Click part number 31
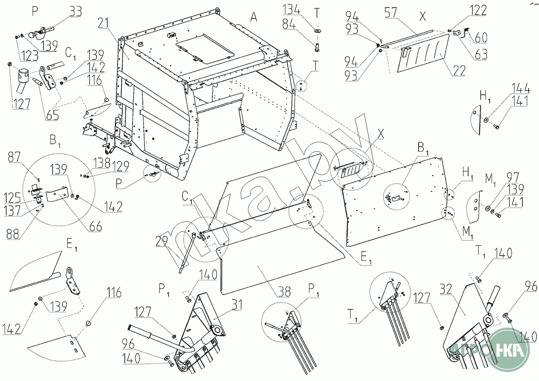coord(236,305)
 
